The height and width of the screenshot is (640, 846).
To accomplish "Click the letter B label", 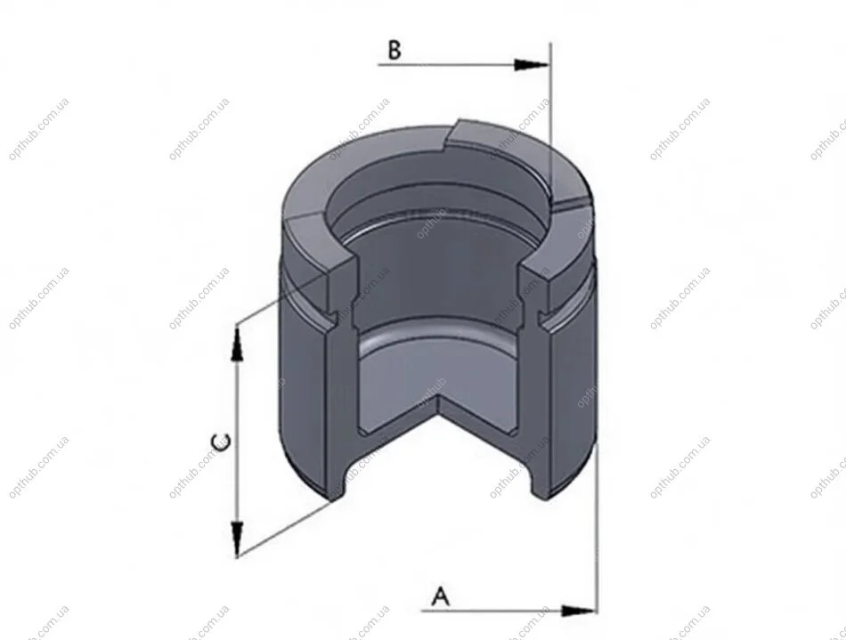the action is (395, 50).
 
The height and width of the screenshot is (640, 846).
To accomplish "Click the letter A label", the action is (441, 595).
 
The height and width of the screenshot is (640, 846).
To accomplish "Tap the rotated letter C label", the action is (221, 442).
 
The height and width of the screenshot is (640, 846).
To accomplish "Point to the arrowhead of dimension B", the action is (532, 65).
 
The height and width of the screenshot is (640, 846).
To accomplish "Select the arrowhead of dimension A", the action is (579, 611).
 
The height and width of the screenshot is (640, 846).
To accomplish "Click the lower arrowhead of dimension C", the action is (237, 538).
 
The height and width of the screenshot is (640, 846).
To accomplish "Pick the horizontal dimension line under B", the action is (464, 65).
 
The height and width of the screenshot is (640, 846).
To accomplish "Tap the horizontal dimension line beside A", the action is (508, 611).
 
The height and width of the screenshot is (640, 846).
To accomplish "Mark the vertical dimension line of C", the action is (237, 440).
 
